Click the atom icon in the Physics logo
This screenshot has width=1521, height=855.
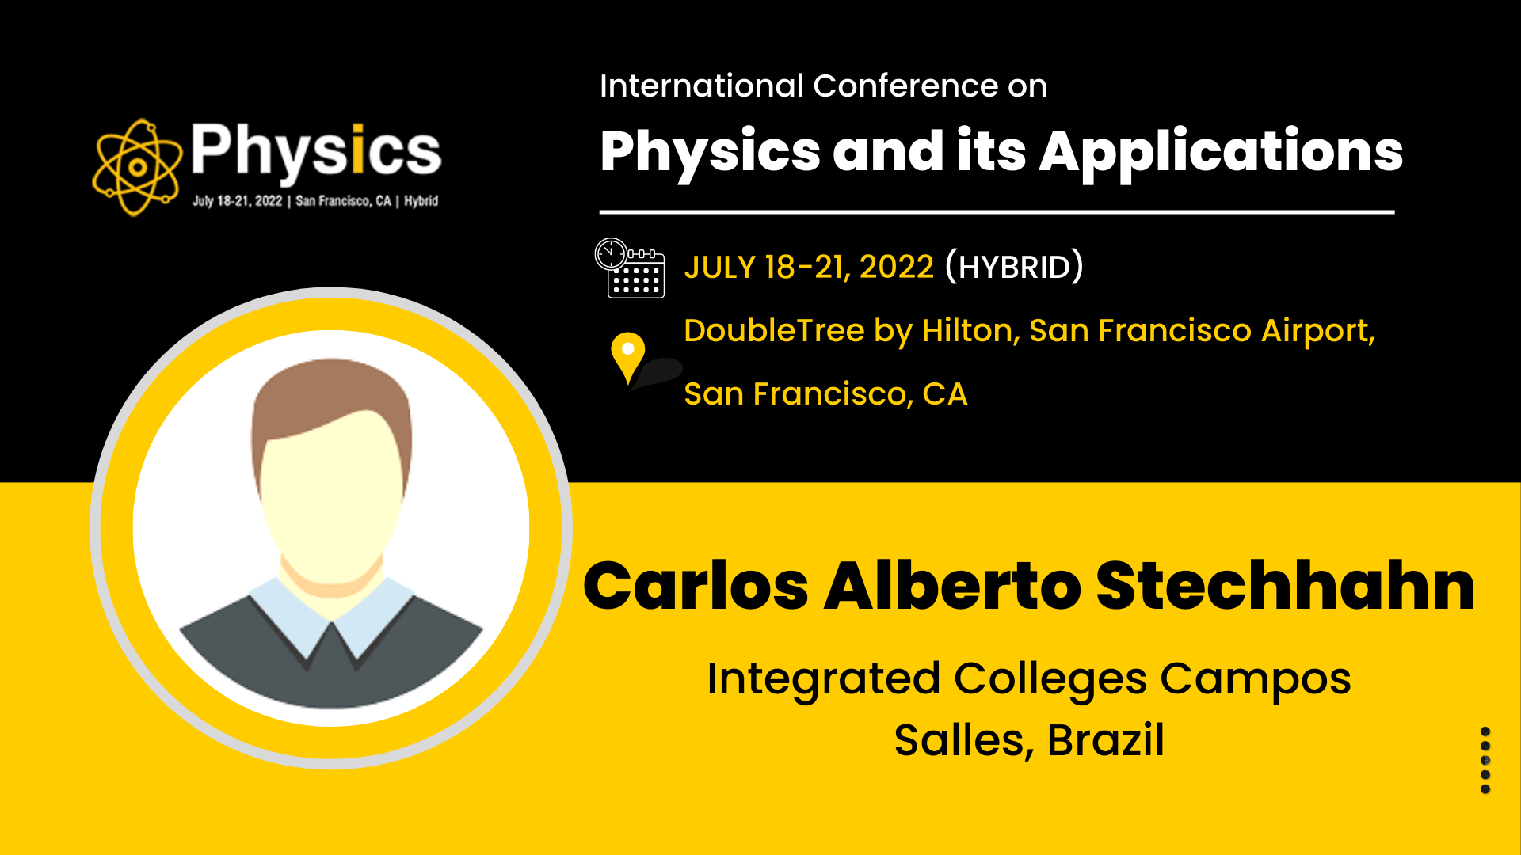point(137,167)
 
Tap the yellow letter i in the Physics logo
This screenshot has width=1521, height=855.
point(358,148)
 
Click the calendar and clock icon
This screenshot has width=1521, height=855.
point(630,268)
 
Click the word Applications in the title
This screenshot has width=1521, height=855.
point(1221,153)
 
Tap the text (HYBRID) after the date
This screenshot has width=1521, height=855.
point(1014,266)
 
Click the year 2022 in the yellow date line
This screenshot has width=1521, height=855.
point(897,268)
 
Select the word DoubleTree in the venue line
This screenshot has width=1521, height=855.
point(774,331)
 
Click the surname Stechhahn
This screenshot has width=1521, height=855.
point(1286,587)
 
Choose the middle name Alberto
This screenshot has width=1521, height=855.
point(953,587)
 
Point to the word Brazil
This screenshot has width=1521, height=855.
point(1106,741)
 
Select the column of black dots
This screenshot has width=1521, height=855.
point(1485,760)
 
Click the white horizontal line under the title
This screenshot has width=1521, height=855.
point(997,212)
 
